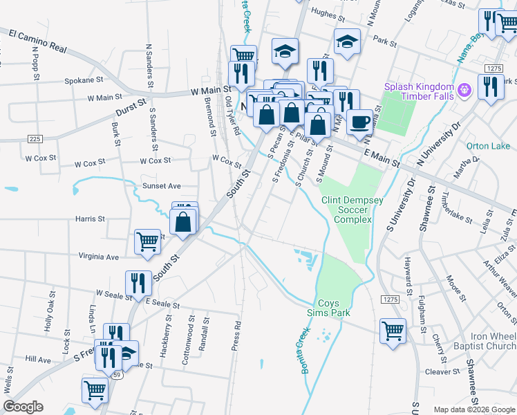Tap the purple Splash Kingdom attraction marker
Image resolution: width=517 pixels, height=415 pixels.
click(x=464, y=90)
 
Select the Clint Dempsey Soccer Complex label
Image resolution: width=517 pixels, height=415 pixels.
click(x=352, y=210)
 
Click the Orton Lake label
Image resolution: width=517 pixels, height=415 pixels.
click(x=488, y=146)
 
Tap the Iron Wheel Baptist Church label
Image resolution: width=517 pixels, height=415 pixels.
click(x=487, y=342)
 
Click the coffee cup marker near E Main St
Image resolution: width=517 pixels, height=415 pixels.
click(x=358, y=122)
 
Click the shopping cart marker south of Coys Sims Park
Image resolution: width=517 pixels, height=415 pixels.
click(x=393, y=330)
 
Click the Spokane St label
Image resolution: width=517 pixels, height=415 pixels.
click(x=84, y=80)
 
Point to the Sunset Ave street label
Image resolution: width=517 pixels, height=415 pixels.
click(x=161, y=186)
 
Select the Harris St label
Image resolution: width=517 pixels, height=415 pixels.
click(x=91, y=219)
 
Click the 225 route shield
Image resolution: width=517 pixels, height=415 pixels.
click(x=35, y=139)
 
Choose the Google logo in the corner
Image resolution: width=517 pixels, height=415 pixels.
click(x=23, y=407)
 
